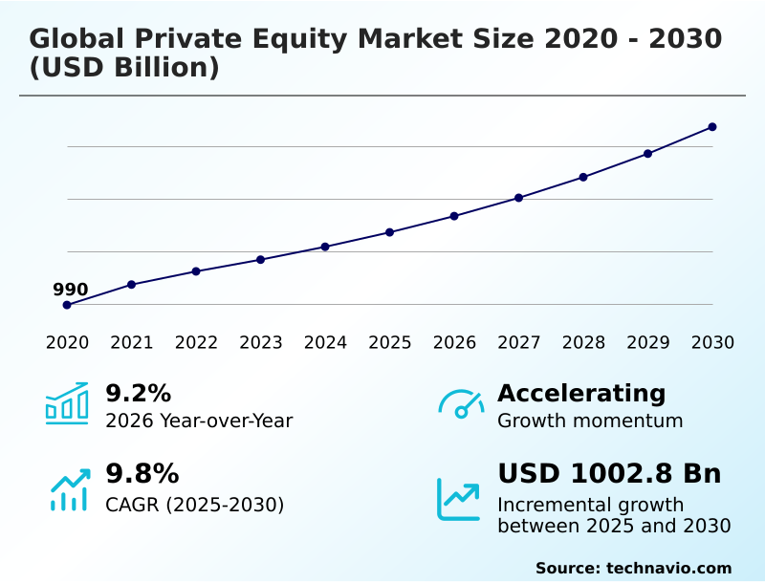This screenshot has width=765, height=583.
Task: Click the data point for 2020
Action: [67, 305]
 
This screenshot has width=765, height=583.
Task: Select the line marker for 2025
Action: [390, 232]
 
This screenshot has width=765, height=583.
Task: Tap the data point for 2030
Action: [712, 127]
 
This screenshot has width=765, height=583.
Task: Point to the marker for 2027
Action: [519, 198]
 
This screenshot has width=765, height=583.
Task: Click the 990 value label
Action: [70, 290]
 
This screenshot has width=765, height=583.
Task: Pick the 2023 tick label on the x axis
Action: [261, 342]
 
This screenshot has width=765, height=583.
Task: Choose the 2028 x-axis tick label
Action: [583, 342]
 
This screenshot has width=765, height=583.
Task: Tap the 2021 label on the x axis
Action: [132, 342]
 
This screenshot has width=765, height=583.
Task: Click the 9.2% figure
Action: [138, 393]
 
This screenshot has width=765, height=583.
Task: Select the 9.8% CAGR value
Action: [142, 474]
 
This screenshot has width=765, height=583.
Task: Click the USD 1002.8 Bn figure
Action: [609, 474]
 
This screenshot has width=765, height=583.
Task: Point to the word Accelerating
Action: [581, 393]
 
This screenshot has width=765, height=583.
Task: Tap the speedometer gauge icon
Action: [461, 404]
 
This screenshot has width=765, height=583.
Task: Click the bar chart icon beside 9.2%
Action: [67, 404]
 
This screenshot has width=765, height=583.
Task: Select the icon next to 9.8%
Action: [69, 489]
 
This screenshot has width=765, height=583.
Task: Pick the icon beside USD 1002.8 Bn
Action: [459, 499]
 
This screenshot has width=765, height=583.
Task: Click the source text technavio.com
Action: [668, 568]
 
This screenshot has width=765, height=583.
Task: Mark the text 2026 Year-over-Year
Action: [199, 421]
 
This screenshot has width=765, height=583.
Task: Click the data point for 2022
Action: [196, 271]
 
